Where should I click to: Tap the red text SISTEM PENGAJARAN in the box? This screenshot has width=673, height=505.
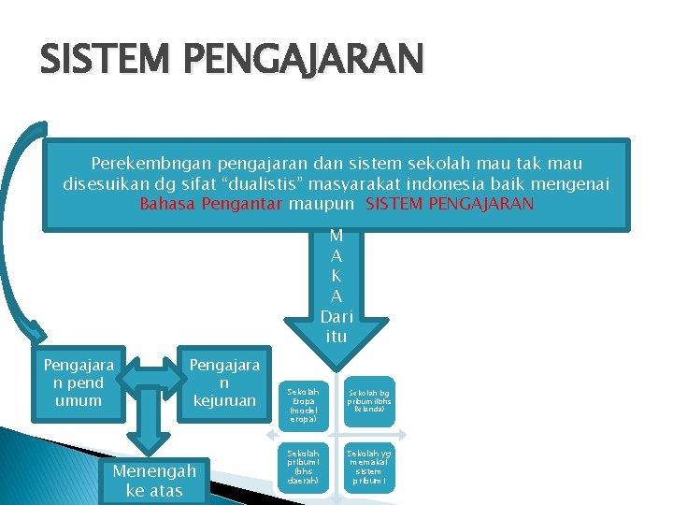[451, 203]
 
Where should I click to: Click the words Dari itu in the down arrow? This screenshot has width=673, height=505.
[336, 326]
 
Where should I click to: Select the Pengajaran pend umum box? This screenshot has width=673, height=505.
[79, 382]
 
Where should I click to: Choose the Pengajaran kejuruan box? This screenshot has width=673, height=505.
[224, 382]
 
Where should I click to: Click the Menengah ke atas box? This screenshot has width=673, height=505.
[154, 481]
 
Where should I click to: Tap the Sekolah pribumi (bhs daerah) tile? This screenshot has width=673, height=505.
[304, 466]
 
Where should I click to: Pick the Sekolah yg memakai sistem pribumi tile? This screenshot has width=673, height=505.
[372, 466]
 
